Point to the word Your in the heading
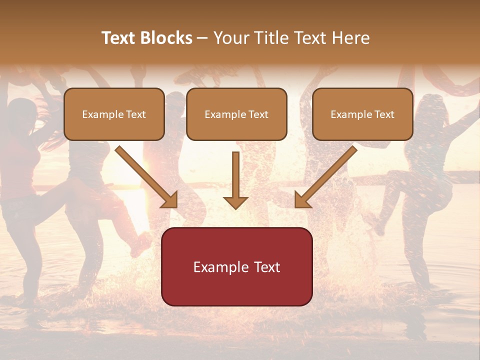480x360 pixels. [230, 38]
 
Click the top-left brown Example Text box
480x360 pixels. [114, 114]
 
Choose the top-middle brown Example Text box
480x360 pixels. [236, 114]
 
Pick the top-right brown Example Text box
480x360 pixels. [362, 114]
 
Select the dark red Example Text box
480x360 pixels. [236, 266]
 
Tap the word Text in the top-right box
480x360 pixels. [384, 114]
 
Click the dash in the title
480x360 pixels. [203, 38]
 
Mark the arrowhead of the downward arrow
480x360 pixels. [235, 202]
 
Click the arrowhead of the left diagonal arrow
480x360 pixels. [170, 200]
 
